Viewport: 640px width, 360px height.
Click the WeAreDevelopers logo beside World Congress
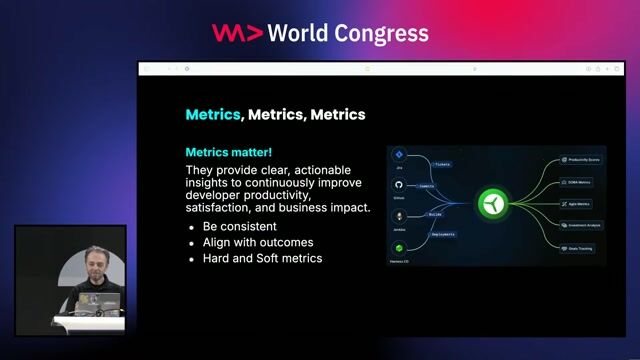237,32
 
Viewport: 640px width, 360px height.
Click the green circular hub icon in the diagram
492,203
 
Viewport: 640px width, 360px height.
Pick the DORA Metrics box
578,181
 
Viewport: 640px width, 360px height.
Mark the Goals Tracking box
578,248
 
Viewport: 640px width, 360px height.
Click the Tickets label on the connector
441,164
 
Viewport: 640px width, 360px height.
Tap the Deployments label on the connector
442,234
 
